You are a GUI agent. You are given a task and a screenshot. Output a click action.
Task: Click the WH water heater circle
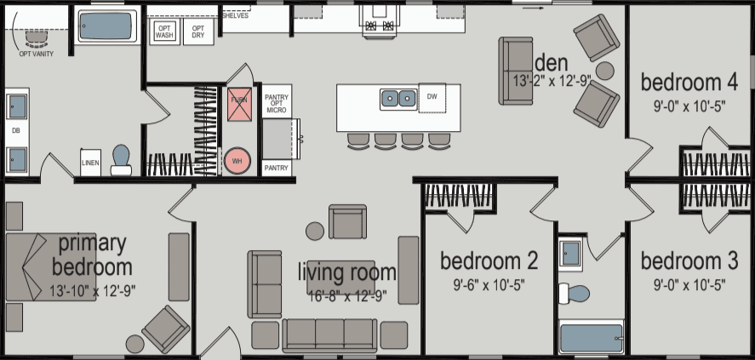pos(237,159)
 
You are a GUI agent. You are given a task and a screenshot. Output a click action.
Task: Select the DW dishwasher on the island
pos(432,98)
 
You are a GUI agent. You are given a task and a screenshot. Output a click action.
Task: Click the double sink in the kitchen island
pos(398,99)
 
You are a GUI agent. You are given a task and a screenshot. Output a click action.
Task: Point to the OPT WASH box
pos(164,32)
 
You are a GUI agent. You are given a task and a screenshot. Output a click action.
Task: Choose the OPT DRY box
pos(197,32)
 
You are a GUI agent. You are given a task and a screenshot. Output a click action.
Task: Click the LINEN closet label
pos(90,162)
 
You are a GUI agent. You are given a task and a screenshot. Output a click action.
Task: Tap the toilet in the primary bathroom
pos(121,159)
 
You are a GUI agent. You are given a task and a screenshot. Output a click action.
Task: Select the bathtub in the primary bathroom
pos(106,26)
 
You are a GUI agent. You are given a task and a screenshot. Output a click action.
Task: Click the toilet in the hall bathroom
pos(577,294)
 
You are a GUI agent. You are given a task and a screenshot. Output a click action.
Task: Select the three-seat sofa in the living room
pos(329,334)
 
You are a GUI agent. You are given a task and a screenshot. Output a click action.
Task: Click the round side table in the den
pos(604,71)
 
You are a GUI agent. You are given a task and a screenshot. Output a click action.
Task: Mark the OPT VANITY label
pos(36,53)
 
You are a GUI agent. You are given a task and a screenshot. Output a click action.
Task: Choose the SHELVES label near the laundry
pos(235,15)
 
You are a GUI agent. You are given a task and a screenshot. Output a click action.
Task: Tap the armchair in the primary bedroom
pos(166,328)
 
